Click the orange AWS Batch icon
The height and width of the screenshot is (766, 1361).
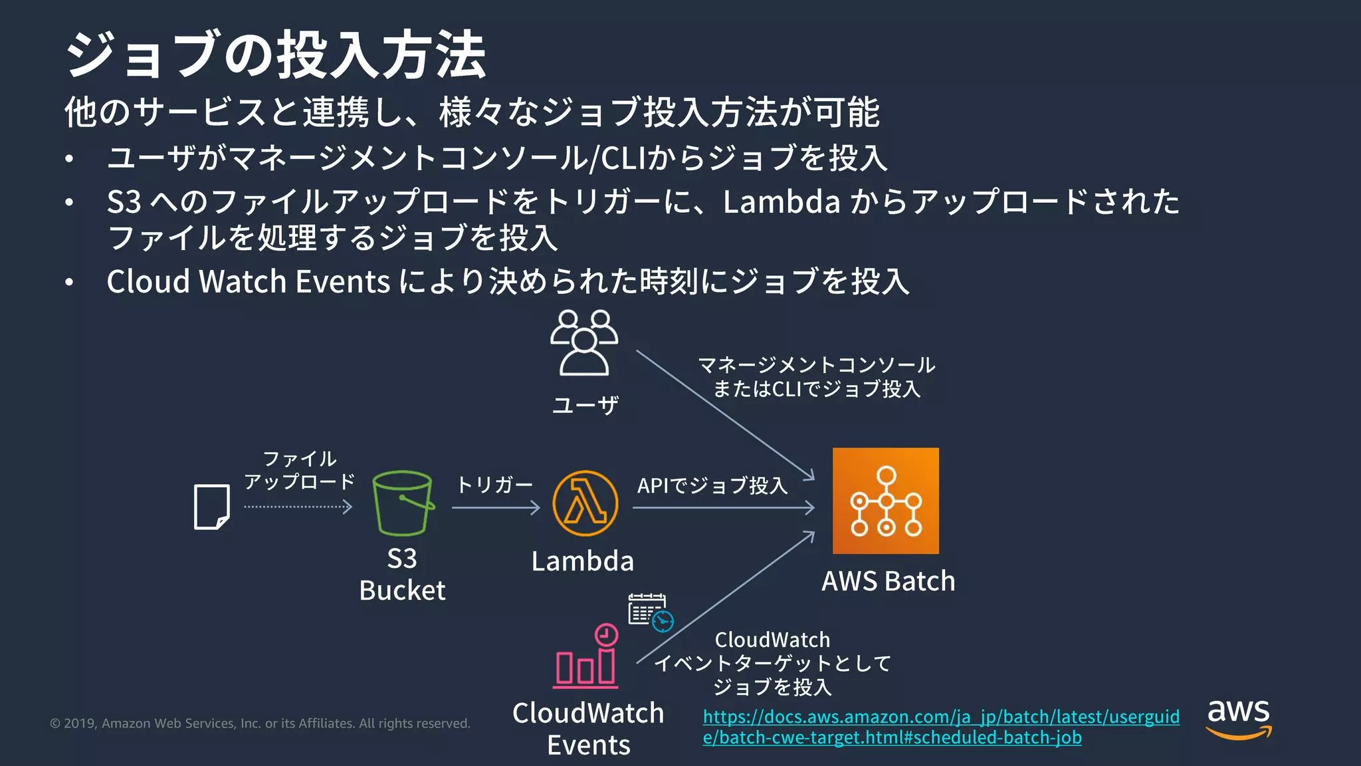pos(885,501)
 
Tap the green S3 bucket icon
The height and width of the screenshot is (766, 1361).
pos(402,503)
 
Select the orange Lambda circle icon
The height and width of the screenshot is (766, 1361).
pos(585,503)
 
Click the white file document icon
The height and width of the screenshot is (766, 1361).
pos(211,507)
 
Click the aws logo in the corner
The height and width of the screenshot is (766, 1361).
pos(1238,719)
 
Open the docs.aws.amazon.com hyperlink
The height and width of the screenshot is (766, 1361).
pos(940,727)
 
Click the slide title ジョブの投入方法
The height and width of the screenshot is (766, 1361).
pos(276,55)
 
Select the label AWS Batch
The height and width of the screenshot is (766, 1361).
pos(888,581)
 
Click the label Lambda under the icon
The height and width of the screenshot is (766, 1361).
pos(582,561)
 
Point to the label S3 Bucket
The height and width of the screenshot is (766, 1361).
pos(402,574)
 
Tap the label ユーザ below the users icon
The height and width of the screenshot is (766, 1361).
pos(585,405)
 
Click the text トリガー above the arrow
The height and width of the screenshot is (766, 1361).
pos(494,485)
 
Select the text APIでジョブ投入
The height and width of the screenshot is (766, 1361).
pos(712,485)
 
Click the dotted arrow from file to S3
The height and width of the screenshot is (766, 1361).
pos(298,507)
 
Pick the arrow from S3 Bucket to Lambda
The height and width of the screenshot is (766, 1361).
pos(495,508)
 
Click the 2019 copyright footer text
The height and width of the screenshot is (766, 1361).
pos(260,723)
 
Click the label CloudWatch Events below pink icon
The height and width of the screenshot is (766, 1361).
pos(588,729)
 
